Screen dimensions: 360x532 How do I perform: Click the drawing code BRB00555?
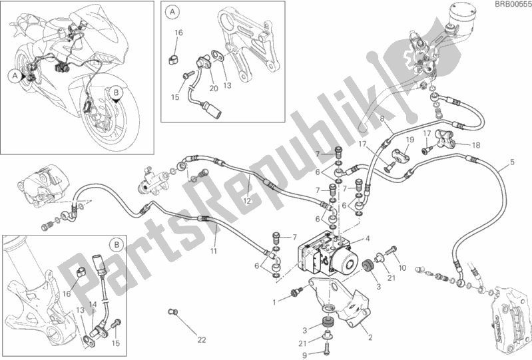pos(511,5)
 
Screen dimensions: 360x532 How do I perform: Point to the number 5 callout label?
pos(511,162)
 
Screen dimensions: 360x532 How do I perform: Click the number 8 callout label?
pos(382,120)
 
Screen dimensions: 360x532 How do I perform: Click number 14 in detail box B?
pos(95,305)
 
